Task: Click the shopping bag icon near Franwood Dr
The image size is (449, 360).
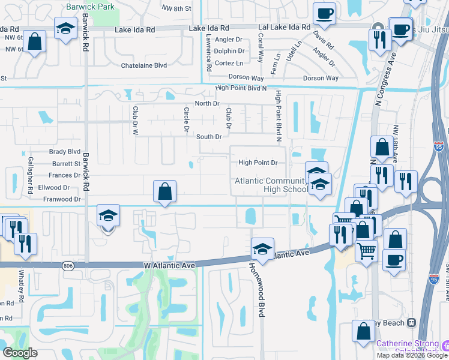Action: (x=164, y=192)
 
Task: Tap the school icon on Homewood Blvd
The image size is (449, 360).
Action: (x=262, y=248)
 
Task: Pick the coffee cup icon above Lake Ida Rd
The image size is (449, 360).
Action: (x=324, y=14)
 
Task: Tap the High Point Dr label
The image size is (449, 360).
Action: (x=258, y=163)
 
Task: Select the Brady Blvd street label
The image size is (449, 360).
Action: (x=65, y=152)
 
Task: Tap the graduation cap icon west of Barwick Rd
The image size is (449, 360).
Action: (x=65, y=28)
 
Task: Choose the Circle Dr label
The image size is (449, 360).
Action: (x=187, y=119)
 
